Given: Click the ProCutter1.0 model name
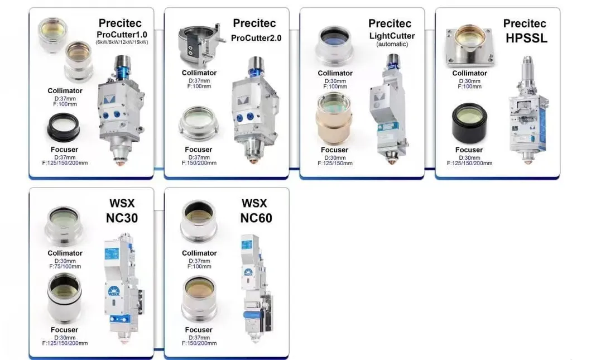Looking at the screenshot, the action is [122, 34].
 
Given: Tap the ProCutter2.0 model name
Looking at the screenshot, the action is [256, 38].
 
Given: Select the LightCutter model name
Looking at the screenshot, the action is [392, 36].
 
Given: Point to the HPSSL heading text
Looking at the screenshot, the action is [527, 38].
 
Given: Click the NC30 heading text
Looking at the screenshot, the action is [122, 218].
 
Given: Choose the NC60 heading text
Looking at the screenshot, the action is [256, 218].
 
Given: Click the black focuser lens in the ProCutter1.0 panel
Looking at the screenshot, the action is [63, 128].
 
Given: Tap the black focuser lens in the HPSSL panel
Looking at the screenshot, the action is [469, 123].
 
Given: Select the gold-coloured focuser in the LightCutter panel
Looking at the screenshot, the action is [334, 118].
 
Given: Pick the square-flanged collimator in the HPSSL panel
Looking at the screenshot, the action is [470, 45].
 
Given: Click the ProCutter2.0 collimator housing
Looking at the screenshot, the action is [200, 45].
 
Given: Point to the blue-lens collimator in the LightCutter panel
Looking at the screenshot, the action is [335, 45].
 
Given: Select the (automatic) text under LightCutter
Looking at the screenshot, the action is [392, 44].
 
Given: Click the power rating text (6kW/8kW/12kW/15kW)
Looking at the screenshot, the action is [122, 42].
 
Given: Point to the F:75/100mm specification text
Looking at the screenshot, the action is [65, 267].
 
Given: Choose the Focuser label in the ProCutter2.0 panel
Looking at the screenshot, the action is [199, 150].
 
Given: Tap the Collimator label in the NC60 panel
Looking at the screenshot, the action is [199, 253].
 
